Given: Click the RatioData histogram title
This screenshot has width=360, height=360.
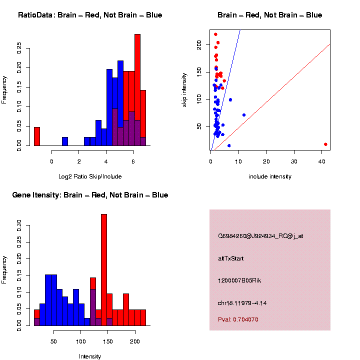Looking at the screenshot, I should [90, 15].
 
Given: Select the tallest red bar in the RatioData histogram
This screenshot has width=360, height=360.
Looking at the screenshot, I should [137, 90].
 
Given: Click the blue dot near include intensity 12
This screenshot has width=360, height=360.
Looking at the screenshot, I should [244, 115].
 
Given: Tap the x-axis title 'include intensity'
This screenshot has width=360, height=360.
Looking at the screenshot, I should [269, 176].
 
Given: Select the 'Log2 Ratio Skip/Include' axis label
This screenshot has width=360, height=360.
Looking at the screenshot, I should [90, 176].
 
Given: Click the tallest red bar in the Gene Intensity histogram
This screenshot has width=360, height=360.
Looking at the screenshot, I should [104, 270].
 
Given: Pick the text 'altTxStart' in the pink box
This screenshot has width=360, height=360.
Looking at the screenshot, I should [230, 258].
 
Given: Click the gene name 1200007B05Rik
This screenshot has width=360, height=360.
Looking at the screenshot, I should [239, 280].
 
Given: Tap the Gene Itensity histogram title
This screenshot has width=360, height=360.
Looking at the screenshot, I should [90, 195].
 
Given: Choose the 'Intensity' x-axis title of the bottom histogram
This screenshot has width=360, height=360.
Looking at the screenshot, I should [90, 356].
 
